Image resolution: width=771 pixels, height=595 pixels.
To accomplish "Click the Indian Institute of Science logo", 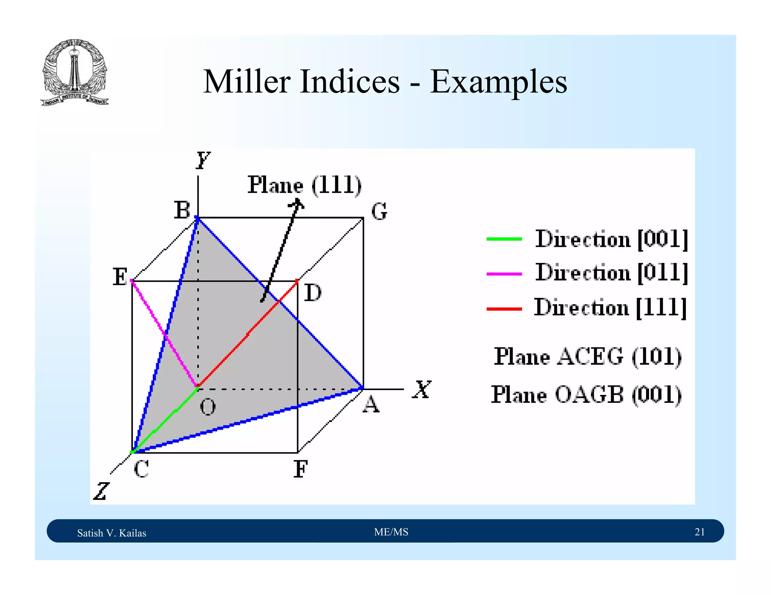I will (75, 72).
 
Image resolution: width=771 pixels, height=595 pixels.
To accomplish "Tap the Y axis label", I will (203, 161).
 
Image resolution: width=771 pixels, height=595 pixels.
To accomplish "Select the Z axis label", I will (101, 491).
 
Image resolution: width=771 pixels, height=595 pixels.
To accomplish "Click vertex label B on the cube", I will (182, 210).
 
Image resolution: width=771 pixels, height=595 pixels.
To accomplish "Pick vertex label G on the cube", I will (379, 211).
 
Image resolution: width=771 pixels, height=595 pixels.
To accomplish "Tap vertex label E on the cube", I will (120, 277).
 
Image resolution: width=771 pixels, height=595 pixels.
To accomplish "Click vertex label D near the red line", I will (312, 293).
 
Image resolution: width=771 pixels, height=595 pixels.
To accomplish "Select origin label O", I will (208, 407).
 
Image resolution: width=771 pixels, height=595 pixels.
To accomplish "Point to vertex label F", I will (300, 469).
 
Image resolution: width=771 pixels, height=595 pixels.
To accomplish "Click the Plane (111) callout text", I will (304, 185).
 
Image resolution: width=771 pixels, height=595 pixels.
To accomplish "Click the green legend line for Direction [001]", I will (504, 239).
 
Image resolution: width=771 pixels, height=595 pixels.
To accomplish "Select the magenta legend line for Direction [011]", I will (504, 274).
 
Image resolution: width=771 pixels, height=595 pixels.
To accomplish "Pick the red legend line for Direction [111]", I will (504, 309).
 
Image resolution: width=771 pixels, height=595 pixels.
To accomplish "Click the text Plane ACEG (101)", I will (587, 357).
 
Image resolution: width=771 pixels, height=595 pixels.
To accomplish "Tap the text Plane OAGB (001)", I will (586, 395).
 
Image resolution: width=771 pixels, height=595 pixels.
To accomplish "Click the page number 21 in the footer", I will (699, 532).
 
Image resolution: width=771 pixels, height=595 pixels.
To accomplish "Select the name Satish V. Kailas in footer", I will (111, 533).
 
